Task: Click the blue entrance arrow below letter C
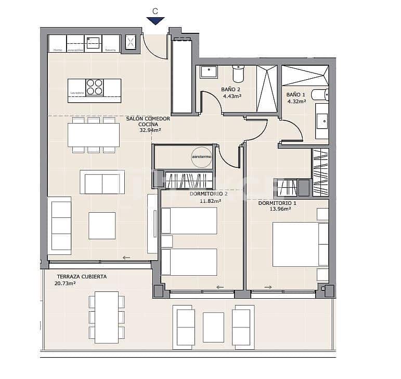pyautogui.click(x=155, y=21)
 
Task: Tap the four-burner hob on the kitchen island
pyautogui.click(x=94, y=87)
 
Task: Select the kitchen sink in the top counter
pyautogui.click(x=93, y=43)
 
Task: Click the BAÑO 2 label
pyautogui.click(x=231, y=90)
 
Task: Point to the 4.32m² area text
pyautogui.click(x=296, y=101)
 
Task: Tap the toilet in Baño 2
pyautogui.click(x=238, y=74)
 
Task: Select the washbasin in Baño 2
pyautogui.click(x=209, y=71)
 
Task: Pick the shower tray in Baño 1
pyautogui.click(x=305, y=76)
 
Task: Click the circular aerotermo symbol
pyautogui.click(x=201, y=156)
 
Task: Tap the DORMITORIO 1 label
pyautogui.click(x=277, y=203)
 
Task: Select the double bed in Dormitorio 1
pyautogui.click(x=300, y=244)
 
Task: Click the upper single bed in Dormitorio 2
pyautogui.click(x=189, y=221)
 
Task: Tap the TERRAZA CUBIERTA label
pyautogui.click(x=82, y=277)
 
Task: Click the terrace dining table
pyautogui.click(x=107, y=316)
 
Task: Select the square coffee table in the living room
pyautogui.click(x=102, y=225)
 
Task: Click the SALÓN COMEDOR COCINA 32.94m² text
pyautogui.click(x=148, y=125)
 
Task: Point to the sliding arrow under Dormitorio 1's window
pyautogui.click(x=268, y=287)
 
